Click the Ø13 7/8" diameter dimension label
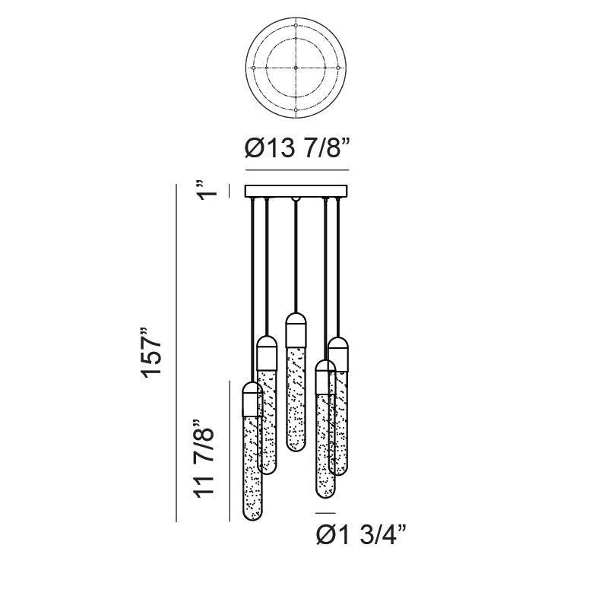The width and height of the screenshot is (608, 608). (x=297, y=147)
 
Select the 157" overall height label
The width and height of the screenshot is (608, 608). (x=151, y=353)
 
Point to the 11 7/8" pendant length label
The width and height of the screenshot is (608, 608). (x=204, y=458)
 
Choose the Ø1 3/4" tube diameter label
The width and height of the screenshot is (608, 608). (x=361, y=535)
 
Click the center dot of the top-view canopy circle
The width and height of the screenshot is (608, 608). (x=296, y=68)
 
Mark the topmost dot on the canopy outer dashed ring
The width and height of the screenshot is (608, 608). (x=296, y=26)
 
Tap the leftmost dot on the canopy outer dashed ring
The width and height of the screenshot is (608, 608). (x=253, y=68)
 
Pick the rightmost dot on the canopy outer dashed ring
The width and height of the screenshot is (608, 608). (x=338, y=68)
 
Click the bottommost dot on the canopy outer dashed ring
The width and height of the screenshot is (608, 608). (x=296, y=110)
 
